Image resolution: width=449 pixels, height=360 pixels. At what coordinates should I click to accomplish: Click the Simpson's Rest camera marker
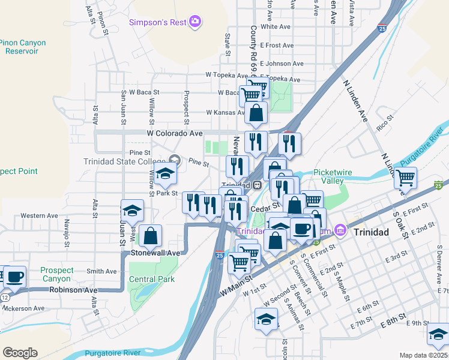click(x=194, y=23)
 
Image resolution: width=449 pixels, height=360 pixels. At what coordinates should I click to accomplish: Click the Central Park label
click(x=151, y=279)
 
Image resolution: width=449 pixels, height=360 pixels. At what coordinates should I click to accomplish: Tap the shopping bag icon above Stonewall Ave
click(x=150, y=235)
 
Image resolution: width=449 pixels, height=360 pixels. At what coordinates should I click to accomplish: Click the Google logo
click(x=20, y=352)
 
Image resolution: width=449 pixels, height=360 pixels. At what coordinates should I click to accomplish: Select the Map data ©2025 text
click(x=423, y=355)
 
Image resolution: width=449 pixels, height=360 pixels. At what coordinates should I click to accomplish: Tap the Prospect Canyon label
click(x=58, y=275)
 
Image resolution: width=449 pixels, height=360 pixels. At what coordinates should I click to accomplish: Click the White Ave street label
click(x=276, y=27)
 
